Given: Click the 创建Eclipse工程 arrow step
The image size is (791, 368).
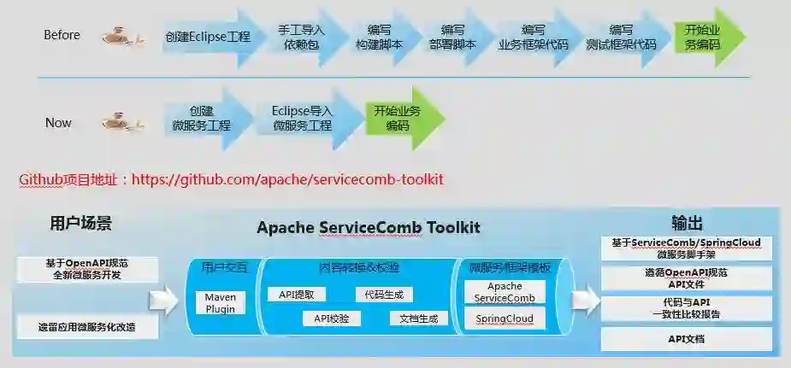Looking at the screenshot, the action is point(207,38).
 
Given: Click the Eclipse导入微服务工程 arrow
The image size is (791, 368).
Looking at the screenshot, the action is point(302,119).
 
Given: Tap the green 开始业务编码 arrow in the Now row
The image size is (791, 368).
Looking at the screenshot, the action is point(398,119).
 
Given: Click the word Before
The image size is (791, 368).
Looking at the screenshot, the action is point(62,35).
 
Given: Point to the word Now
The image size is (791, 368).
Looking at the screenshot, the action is point(58,123).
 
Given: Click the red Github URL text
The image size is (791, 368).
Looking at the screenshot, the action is point(231,179).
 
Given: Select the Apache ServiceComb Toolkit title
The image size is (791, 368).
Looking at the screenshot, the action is point(368,228).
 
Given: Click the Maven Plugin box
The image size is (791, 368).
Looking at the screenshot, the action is point(221,302).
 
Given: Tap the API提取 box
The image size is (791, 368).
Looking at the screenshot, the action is point(297,295).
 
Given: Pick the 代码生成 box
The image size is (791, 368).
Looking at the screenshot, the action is point(383,295).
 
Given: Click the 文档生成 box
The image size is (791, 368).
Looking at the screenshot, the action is point(418,318).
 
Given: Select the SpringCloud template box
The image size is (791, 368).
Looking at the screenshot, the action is point(505,318).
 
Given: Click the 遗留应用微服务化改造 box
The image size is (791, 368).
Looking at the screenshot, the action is point(86,326).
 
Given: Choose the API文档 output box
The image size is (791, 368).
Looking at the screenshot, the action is point(686,340).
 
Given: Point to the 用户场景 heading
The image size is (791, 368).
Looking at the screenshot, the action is point(81,225).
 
